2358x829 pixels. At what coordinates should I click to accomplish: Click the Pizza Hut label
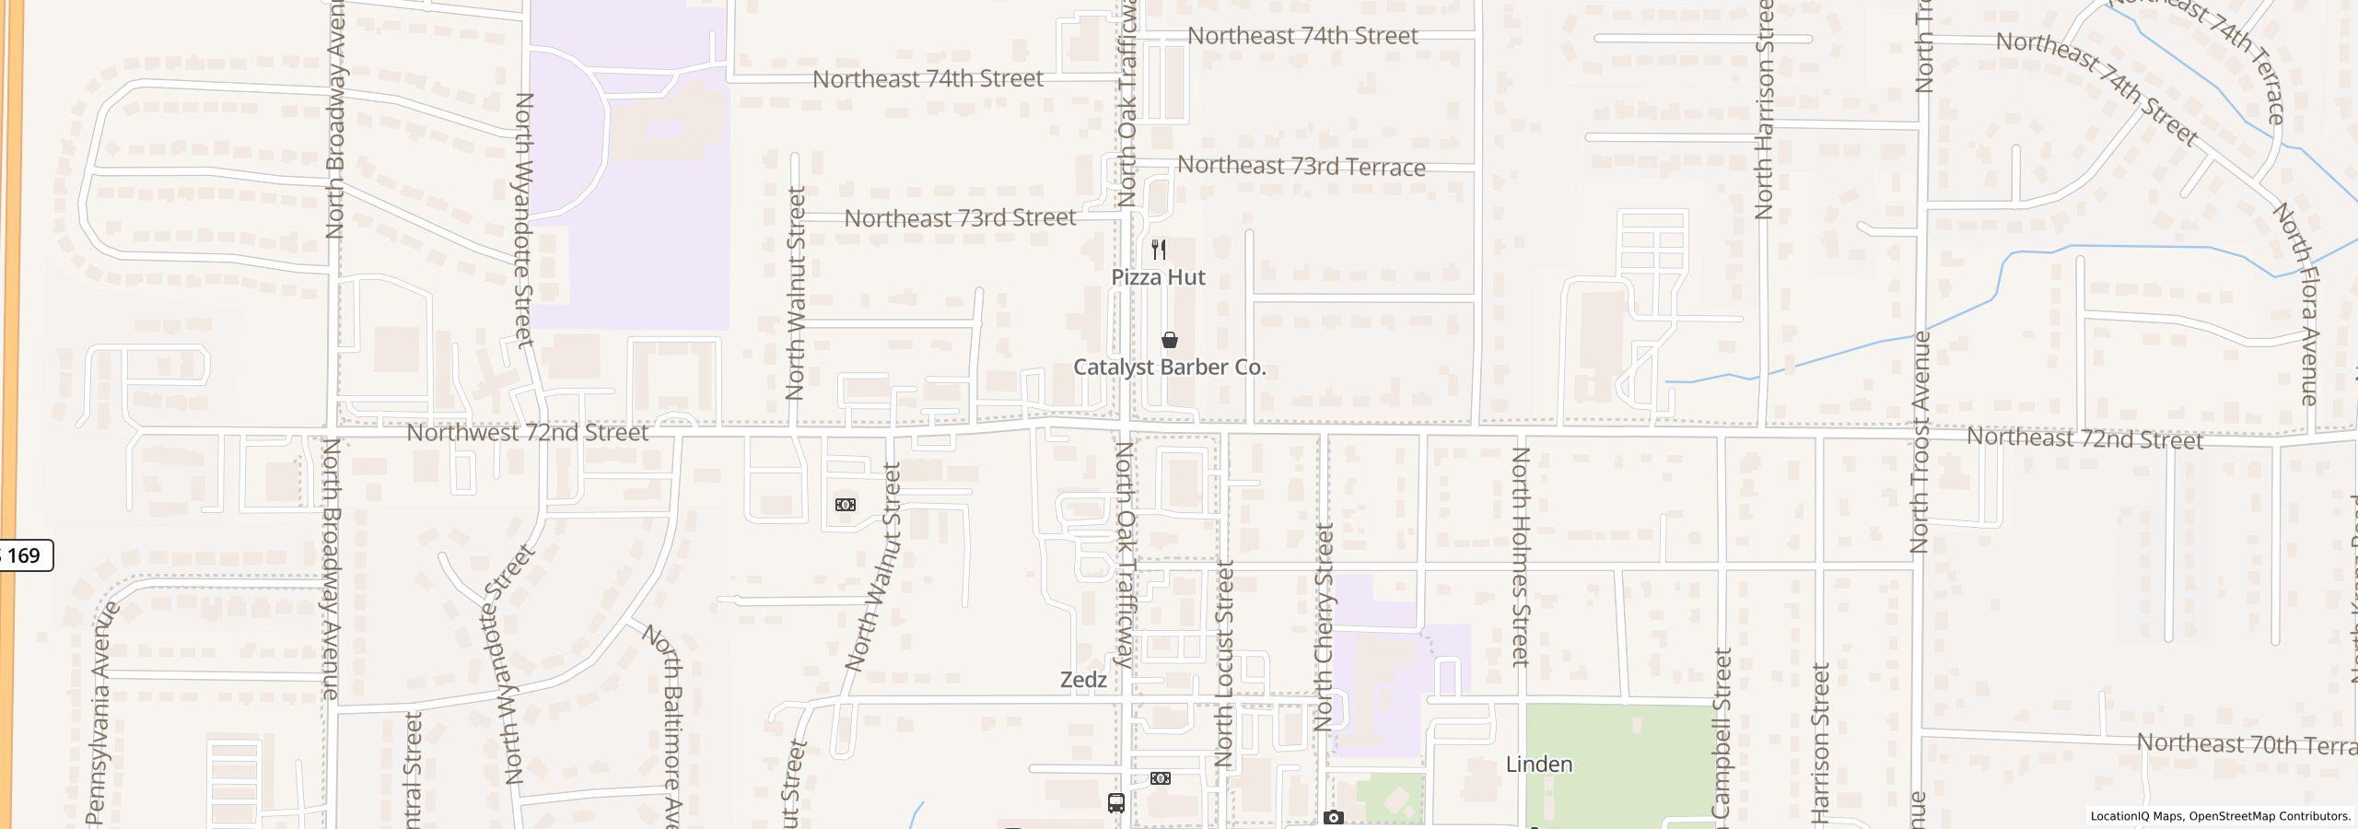[1158, 277]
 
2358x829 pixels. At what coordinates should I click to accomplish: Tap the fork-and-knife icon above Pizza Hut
[1159, 250]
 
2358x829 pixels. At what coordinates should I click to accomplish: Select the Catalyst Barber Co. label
[1170, 368]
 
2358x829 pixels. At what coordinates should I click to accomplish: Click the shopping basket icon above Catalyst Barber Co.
[1170, 340]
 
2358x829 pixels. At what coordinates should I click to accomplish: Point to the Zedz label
[1083, 680]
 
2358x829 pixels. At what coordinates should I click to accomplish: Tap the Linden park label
[1539, 765]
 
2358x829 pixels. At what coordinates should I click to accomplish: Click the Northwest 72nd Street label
[528, 432]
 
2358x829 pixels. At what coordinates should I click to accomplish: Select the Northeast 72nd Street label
[2084, 438]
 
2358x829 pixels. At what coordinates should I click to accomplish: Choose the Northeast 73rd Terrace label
[1302, 166]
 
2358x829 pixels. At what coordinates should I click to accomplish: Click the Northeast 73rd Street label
[960, 218]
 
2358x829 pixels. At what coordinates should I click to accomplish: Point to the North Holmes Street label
[1521, 556]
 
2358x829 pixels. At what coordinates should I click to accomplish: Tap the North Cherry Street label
[1325, 627]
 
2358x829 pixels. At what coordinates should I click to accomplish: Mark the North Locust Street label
[1224, 664]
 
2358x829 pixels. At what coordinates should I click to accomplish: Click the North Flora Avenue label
[2295, 304]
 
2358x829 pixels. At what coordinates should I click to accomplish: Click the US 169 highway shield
[24, 555]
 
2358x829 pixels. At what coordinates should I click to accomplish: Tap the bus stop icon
[1116, 802]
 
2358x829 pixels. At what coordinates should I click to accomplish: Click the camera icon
[1333, 817]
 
